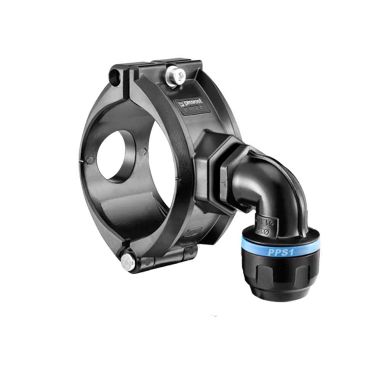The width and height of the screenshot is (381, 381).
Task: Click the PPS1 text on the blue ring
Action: [x=280, y=252]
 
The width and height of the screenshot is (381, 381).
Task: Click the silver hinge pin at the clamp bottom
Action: [x=128, y=262]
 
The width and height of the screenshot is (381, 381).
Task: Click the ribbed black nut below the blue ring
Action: [x=280, y=274]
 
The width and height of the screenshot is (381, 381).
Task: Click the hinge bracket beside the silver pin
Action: [x=168, y=257]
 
